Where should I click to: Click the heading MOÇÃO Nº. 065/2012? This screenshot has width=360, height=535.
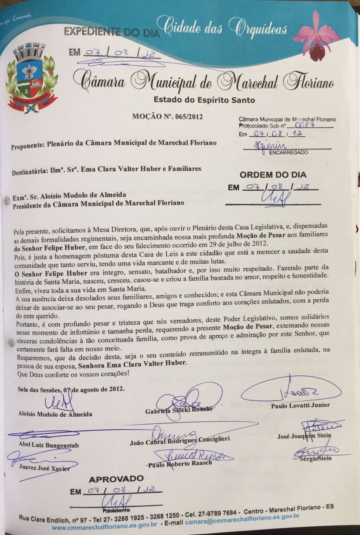tap(167, 117)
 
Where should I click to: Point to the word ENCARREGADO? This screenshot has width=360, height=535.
tap(289, 153)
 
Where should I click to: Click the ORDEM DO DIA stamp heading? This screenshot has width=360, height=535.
tap(273, 175)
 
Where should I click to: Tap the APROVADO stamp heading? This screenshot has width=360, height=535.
tap(116, 479)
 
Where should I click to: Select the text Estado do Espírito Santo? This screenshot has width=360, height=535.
tap(204, 100)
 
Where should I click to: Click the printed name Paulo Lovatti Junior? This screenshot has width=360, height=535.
tap(300, 405)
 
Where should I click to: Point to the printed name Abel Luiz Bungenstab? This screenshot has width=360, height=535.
tap(48, 445)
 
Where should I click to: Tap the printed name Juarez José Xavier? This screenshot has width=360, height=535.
tap(44, 468)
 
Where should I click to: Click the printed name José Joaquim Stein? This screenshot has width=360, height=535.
tap(304, 436)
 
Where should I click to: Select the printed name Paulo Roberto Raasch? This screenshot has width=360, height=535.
tap(180, 465)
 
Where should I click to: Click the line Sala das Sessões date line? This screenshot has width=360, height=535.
tap(71, 389)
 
